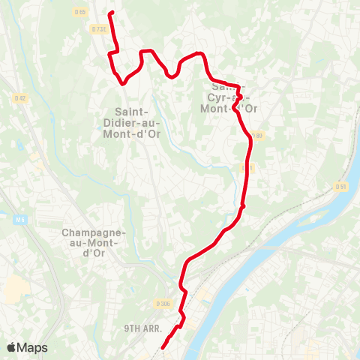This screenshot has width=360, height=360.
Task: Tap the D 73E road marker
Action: click(98, 29)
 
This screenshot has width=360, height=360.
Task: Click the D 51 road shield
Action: click(341, 186)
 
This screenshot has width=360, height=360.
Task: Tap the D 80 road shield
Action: click(257, 136)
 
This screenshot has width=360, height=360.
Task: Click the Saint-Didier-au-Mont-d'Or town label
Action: click(133, 124)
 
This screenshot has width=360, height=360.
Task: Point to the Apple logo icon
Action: click(12, 347)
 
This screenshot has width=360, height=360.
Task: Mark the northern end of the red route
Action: click(111, 13)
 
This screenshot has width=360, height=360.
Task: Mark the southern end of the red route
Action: click(163, 347)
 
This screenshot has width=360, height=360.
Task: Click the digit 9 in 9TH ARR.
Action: click(127, 328)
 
